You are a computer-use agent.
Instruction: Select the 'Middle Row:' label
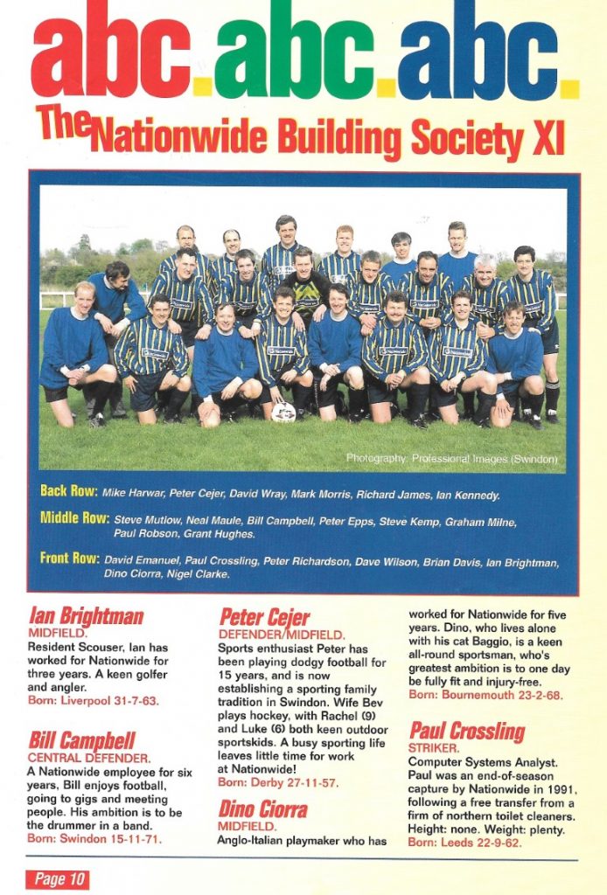74,518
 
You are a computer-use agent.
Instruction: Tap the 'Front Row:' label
70,558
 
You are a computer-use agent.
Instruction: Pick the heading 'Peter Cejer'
265,617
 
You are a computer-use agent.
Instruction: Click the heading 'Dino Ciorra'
263,809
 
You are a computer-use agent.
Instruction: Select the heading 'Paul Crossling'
466,730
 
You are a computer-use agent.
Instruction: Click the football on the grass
283,412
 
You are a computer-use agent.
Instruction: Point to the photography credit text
450,458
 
